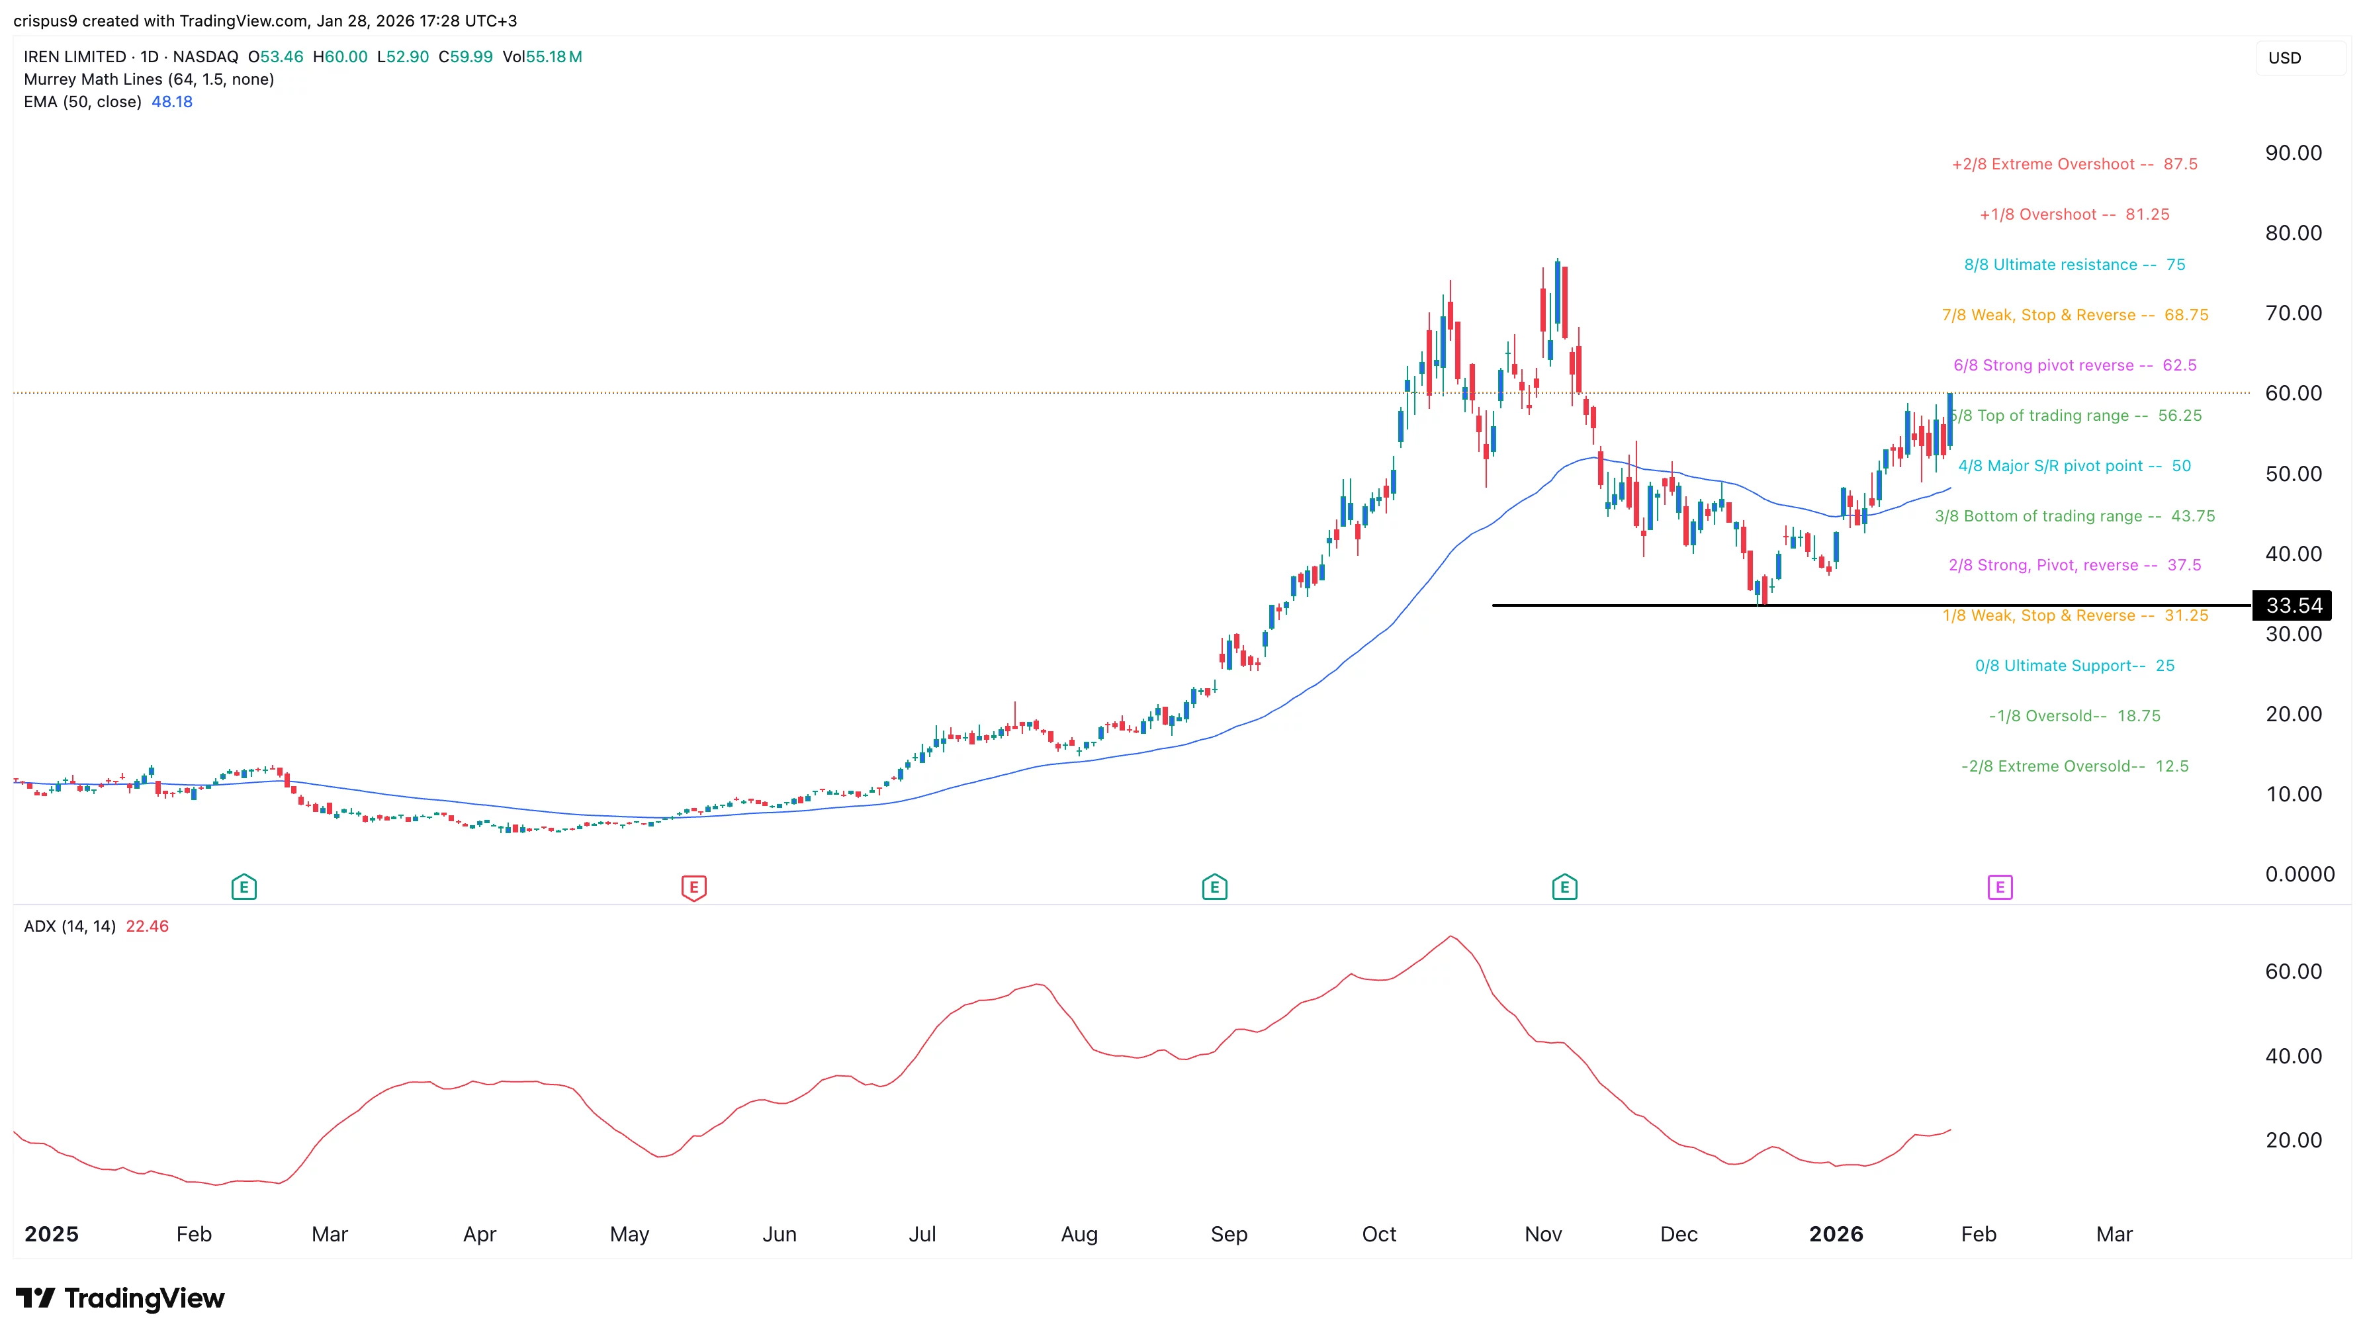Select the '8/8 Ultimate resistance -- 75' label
[2074, 265]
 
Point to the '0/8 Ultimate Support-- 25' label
[2074, 665]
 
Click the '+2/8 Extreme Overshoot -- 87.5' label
[2074, 165]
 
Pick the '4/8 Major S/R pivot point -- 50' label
[2074, 466]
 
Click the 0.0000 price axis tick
[2299, 874]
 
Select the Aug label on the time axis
[1079, 1234]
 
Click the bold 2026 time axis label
[1835, 1234]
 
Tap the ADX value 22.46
[147, 926]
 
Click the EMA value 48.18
[172, 102]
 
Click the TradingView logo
[120, 1298]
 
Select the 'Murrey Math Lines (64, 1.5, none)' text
[149, 79]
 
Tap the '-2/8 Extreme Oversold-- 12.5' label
[2074, 766]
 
